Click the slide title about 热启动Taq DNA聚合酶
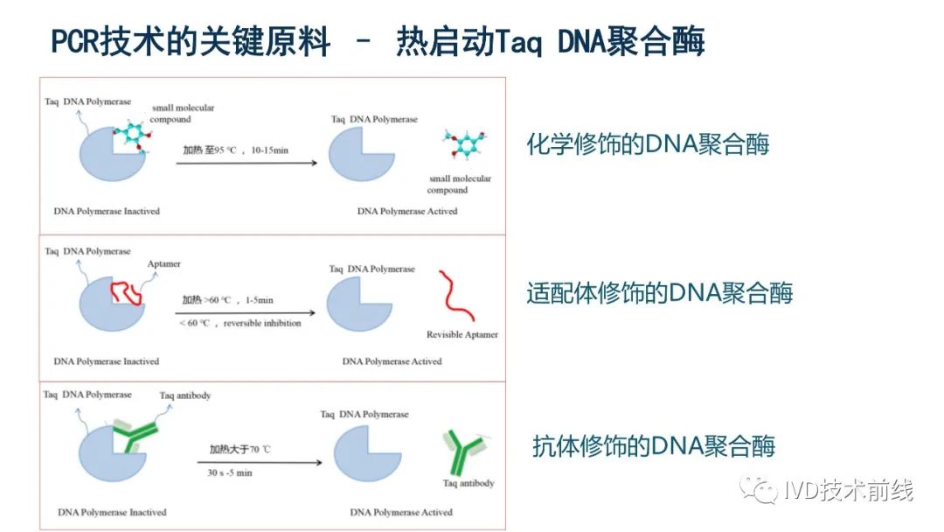[378, 41]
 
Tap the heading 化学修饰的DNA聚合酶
[648, 144]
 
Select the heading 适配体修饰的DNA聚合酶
[659, 293]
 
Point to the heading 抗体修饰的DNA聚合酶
[653, 446]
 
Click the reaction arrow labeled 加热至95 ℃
[246, 163]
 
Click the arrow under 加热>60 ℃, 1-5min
[245, 312]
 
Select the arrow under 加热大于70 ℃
[260, 463]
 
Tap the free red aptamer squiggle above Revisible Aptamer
[456, 296]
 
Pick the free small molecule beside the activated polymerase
[464, 144]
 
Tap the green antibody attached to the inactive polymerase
[135, 435]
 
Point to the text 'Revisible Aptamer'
[462, 334]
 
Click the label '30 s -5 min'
[230, 473]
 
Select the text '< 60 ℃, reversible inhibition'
[240, 324]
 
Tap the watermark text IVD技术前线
[849, 490]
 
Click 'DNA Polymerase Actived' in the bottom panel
[401, 512]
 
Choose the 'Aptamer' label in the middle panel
[163, 264]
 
